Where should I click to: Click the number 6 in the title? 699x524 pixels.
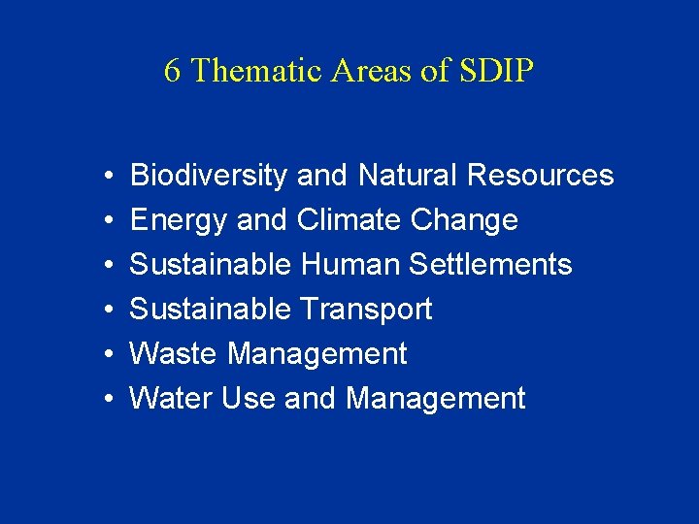pyautogui.click(x=172, y=71)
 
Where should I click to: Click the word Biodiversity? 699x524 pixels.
pyautogui.click(x=209, y=176)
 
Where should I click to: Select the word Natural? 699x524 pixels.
pyautogui.click(x=408, y=176)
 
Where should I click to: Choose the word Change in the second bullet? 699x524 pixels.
pyautogui.click(x=464, y=221)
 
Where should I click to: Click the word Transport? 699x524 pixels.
pyautogui.click(x=366, y=310)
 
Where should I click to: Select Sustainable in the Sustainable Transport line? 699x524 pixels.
pyautogui.click(x=211, y=310)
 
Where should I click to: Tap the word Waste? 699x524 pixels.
pyautogui.click(x=175, y=354)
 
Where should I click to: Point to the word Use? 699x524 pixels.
pyautogui.click(x=250, y=399)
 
